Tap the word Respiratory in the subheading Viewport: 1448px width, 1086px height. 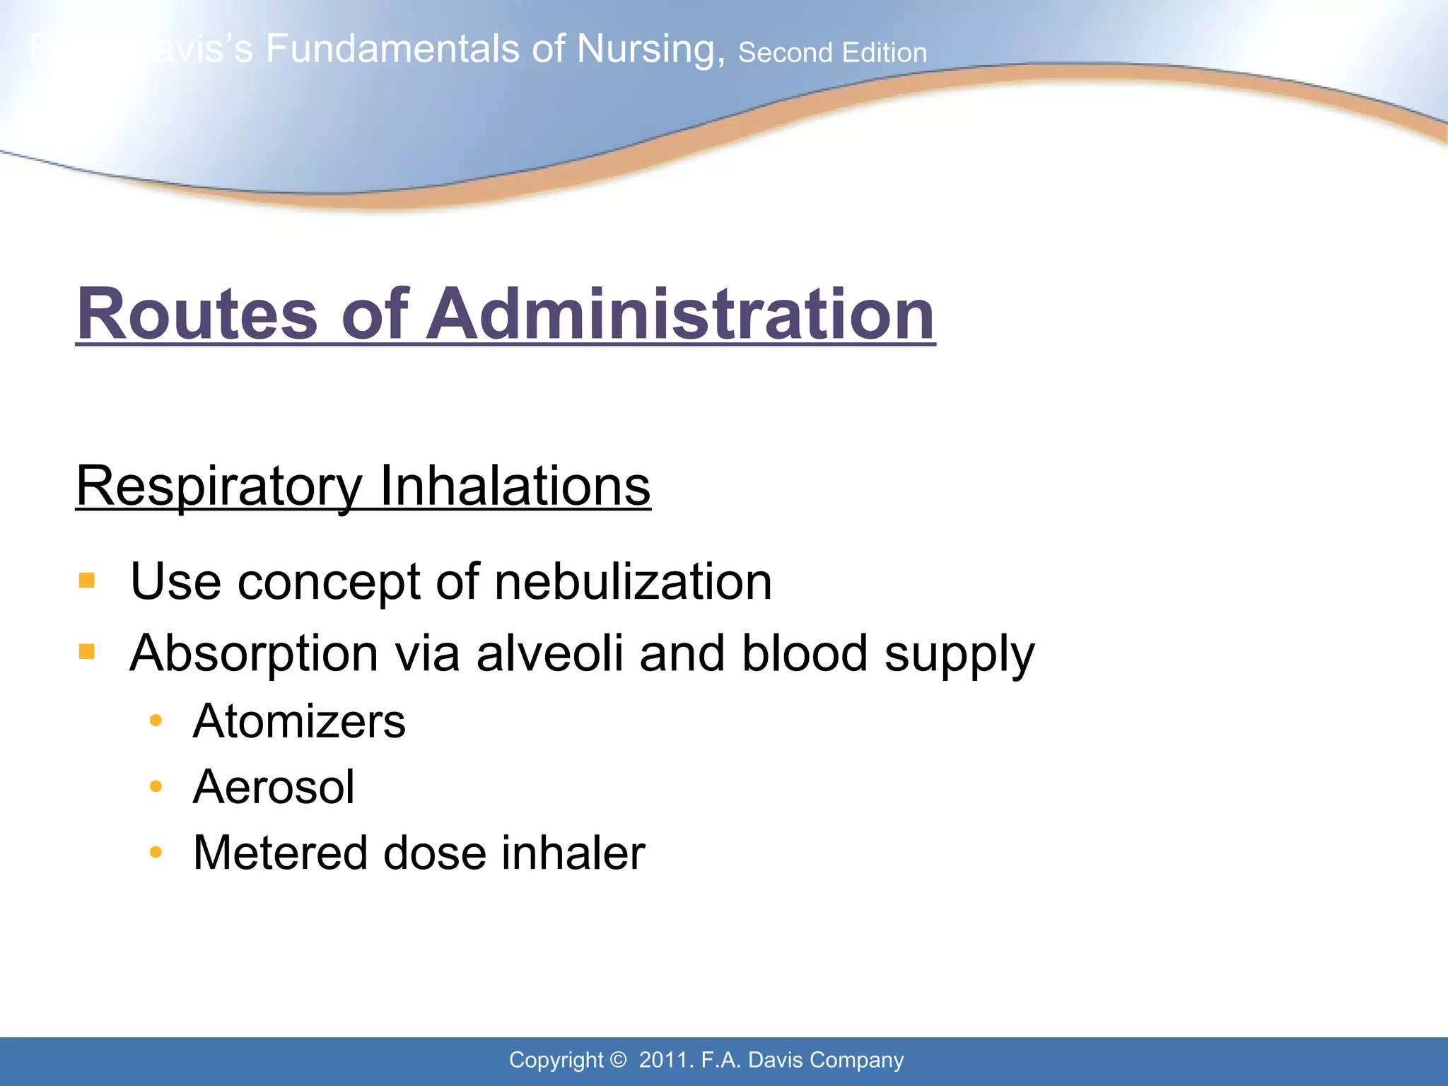click(219, 486)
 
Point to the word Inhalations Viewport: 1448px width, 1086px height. click(515, 486)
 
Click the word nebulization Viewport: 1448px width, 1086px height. click(633, 582)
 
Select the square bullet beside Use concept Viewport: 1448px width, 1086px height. click(87, 581)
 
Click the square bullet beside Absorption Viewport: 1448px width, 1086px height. click(87, 651)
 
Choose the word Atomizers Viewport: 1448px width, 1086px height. click(299, 721)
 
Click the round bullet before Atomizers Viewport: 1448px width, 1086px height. click(156, 721)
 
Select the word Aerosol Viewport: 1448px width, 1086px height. click(274, 787)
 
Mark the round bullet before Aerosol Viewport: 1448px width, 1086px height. click(156, 786)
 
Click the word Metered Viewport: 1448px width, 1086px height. click(280, 853)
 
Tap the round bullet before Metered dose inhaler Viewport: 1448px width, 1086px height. click(156, 852)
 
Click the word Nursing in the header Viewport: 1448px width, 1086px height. click(650, 49)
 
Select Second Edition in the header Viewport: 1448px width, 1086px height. click(832, 53)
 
